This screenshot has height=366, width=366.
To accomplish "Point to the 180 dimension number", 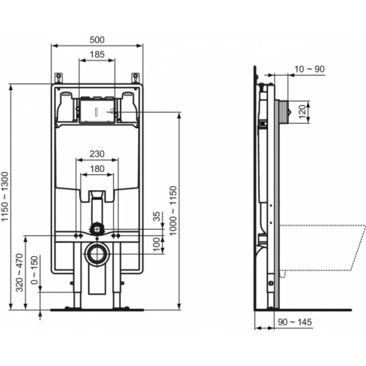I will coord(96,169).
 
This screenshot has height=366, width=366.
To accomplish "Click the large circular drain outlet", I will coord(96,255).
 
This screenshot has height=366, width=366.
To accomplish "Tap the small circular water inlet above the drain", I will coord(96,229).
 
